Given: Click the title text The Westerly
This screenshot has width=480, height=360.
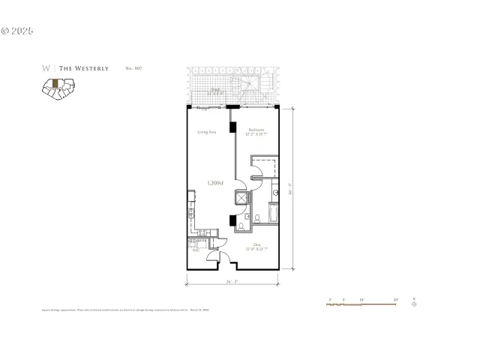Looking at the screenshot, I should (x=83, y=68).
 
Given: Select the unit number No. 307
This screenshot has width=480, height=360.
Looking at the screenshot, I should (x=133, y=68).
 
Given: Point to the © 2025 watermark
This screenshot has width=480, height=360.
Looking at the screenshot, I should (x=17, y=31).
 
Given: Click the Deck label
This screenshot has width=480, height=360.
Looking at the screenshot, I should (x=215, y=90).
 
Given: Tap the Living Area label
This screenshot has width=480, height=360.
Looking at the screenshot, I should (x=207, y=133).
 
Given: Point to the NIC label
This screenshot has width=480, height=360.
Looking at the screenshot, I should (x=195, y=250).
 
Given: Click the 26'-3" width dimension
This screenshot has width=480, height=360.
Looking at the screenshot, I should (x=232, y=283).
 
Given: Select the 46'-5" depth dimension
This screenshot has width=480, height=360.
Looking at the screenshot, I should (x=290, y=190).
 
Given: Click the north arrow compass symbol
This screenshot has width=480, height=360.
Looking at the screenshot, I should (x=415, y=304).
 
